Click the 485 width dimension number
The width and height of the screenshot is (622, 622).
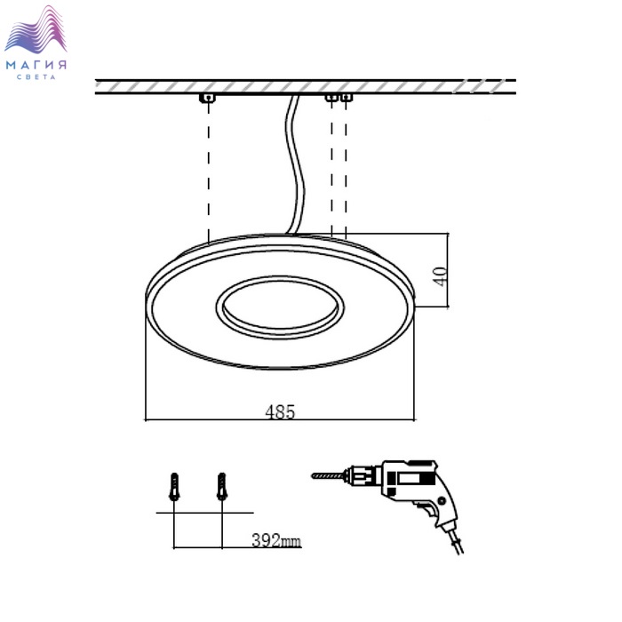coord(280,411)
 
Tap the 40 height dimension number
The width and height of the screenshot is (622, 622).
coord(441,276)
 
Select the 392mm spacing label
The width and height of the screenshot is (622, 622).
coord(276,540)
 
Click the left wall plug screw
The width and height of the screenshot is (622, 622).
coord(174,486)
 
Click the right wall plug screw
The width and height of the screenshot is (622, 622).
coord(222,486)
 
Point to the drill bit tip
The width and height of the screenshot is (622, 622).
coord(312,475)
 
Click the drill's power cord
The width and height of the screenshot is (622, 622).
coord(455,538)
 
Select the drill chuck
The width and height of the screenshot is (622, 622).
coord(361,474)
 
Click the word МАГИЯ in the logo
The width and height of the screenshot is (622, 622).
coord(36,65)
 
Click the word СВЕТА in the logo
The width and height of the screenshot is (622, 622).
coord(36,77)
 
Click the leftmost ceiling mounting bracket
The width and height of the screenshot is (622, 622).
coord(207,98)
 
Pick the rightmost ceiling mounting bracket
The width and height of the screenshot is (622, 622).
coord(347,97)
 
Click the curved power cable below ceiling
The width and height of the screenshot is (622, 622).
coord(294,164)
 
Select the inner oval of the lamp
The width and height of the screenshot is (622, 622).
coord(280,307)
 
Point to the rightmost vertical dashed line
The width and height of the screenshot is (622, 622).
coord(346,170)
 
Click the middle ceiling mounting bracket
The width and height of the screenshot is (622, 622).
coord(331,97)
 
